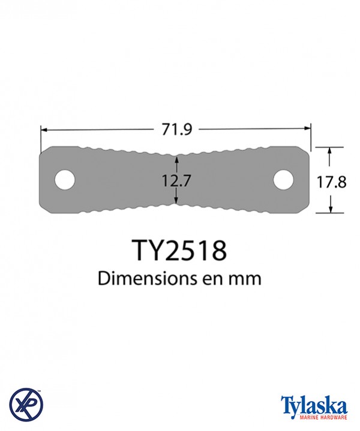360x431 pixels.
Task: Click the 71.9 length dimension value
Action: [176, 128]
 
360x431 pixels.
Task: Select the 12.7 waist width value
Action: [176, 180]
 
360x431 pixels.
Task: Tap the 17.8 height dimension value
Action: [332, 181]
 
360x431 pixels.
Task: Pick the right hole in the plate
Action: [284, 179]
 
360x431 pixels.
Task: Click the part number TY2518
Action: [179, 250]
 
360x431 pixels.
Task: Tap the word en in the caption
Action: [216, 279]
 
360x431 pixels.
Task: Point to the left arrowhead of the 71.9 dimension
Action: [44, 128]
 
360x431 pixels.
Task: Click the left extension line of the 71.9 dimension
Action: [40, 137]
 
